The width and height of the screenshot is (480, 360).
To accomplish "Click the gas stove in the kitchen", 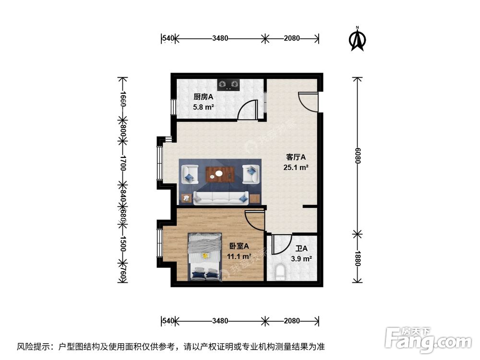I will [x=228, y=85].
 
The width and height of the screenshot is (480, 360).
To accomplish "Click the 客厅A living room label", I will [x=296, y=157].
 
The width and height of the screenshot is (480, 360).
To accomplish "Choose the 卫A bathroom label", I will [x=301, y=249].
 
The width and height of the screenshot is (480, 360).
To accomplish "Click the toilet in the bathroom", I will [x=281, y=273].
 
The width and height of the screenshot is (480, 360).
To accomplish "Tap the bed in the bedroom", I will [x=205, y=256].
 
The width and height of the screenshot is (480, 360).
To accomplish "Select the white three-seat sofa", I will [x=220, y=197].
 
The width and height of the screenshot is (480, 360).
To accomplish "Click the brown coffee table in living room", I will [x=220, y=174].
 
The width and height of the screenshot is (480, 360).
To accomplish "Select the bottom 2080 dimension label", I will [x=292, y=321].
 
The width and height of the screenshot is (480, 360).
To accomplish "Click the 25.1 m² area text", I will [x=296, y=168].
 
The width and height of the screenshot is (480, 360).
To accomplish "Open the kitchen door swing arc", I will [x=247, y=109].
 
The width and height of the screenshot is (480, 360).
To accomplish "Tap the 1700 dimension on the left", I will [x=123, y=162].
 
